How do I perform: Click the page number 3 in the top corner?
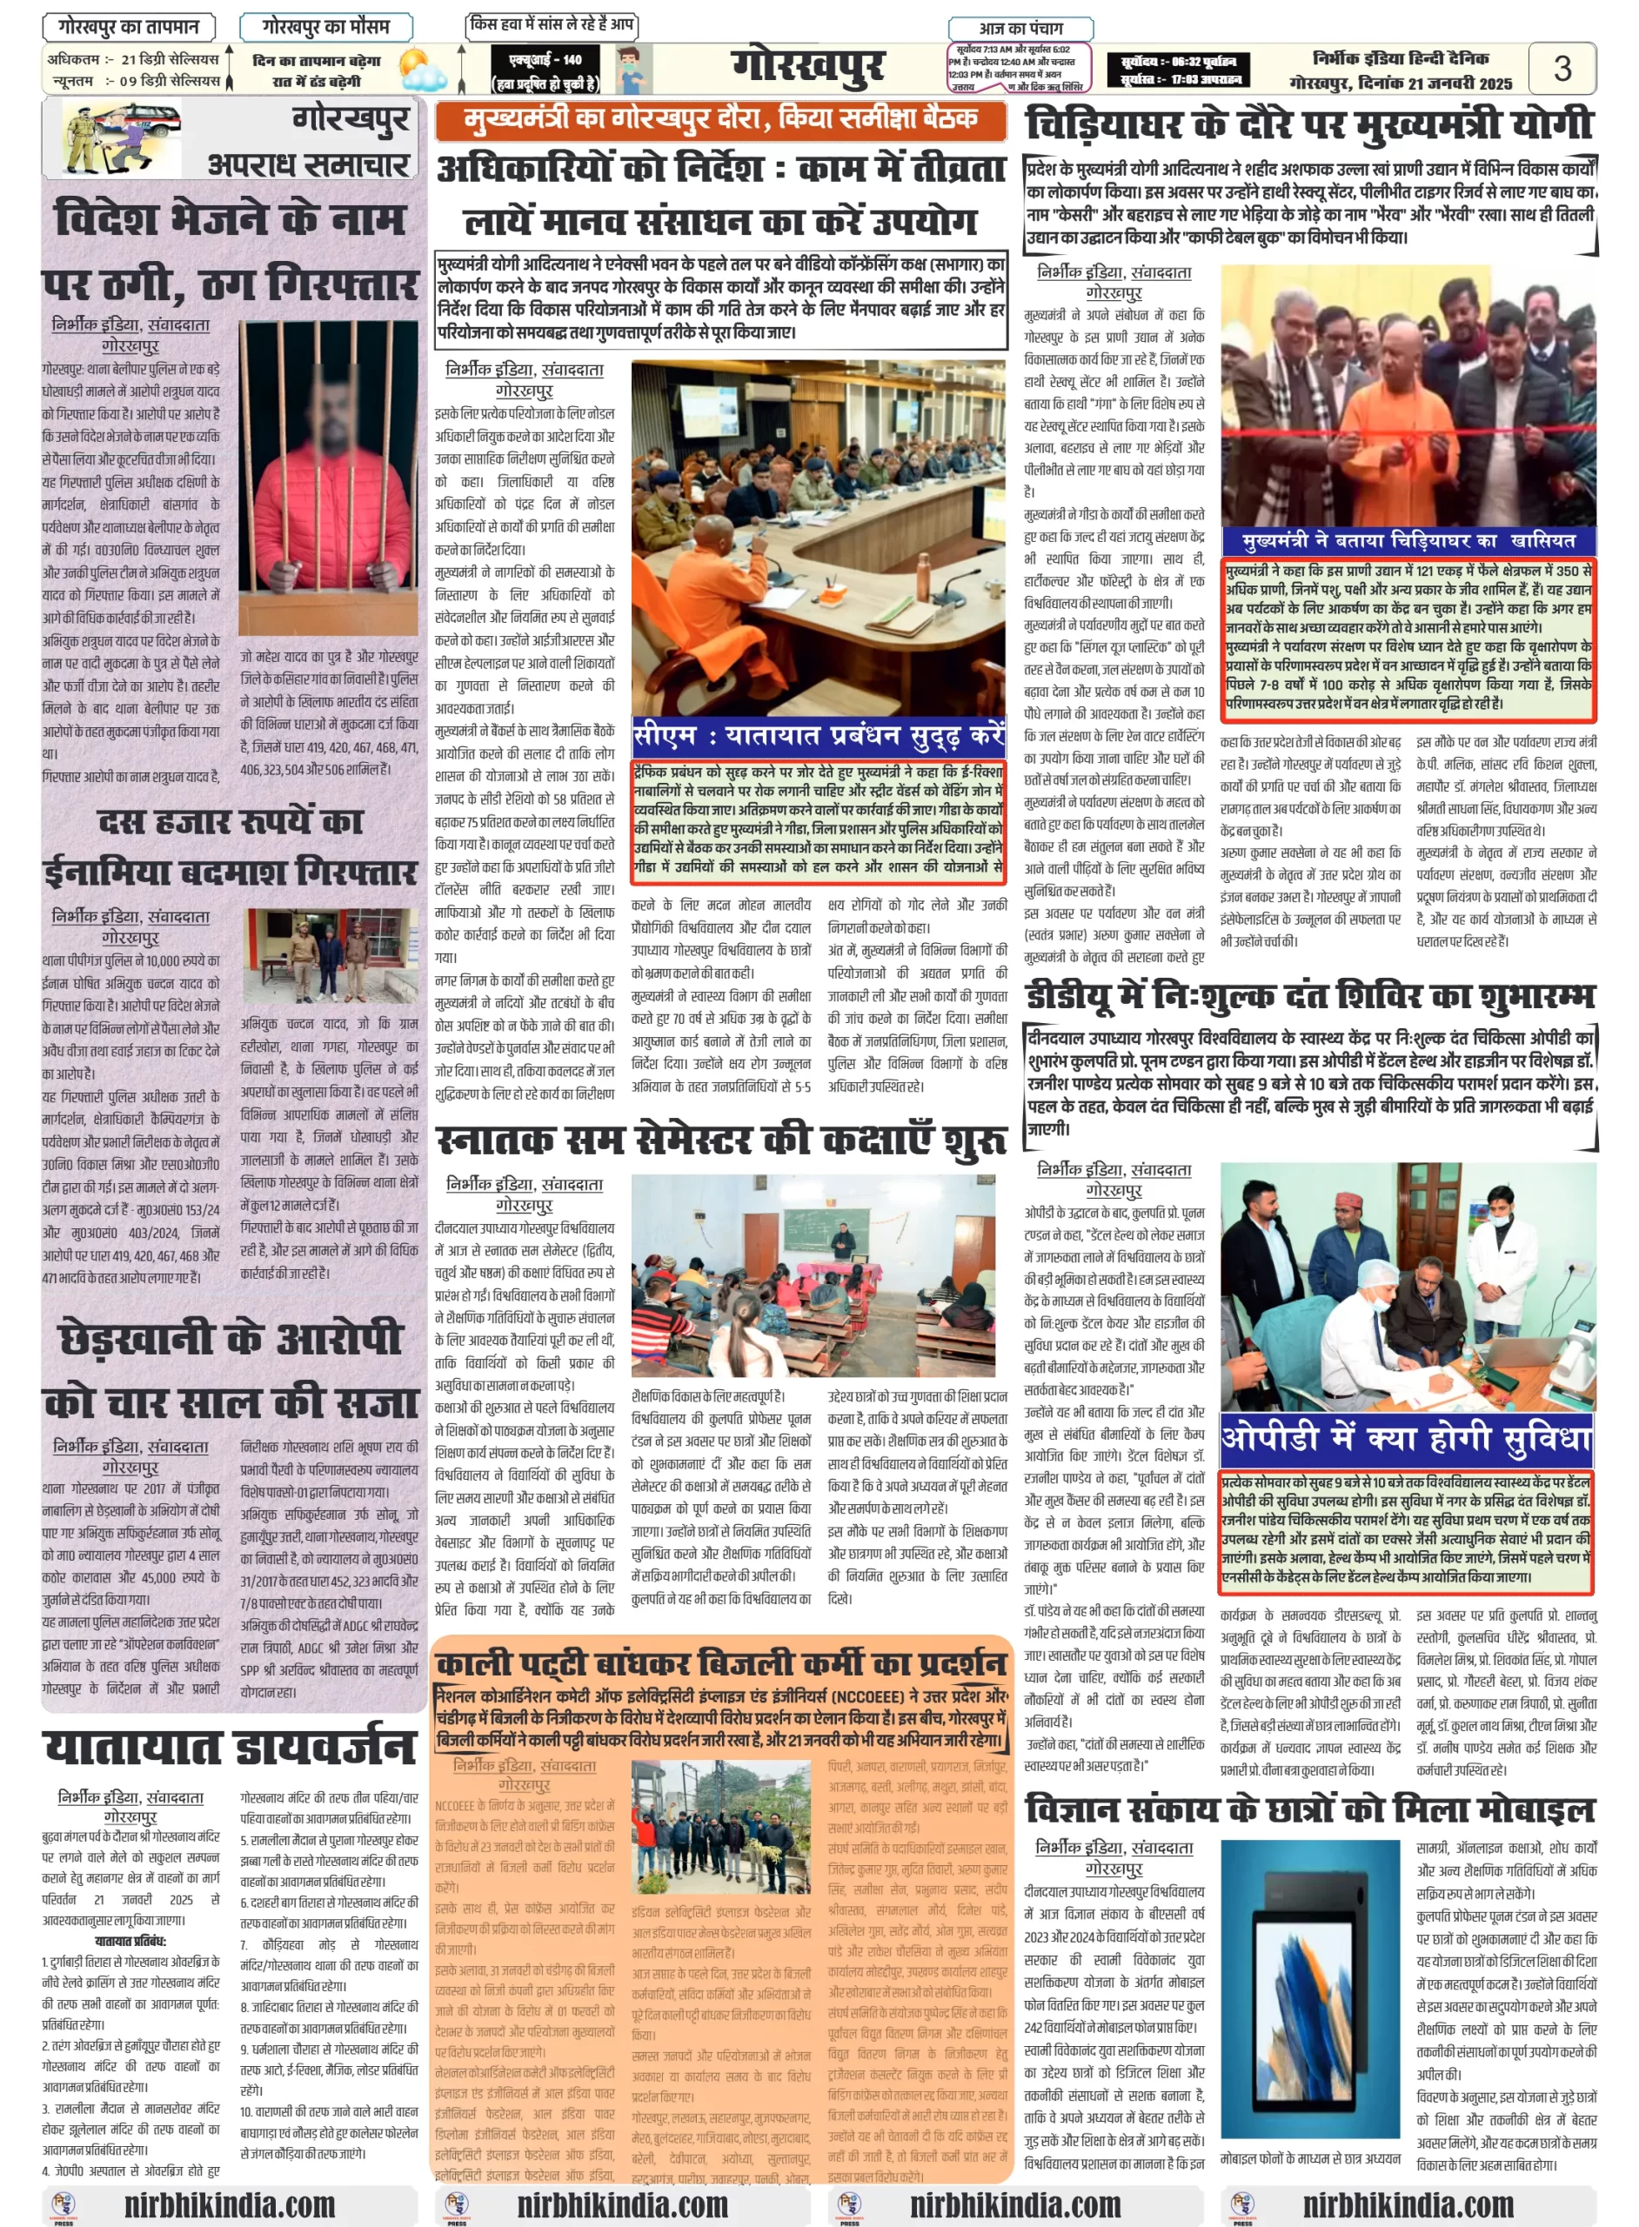pos(1562,69)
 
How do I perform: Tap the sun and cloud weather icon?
pos(424,70)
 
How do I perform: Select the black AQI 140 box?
pos(545,70)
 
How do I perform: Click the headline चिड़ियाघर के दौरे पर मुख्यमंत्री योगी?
pos(1308,125)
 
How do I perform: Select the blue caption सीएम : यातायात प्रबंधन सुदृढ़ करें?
pos(819,735)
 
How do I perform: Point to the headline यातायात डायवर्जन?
pos(229,1747)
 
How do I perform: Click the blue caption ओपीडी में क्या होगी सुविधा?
pos(1407,1437)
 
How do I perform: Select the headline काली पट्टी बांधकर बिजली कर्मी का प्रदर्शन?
pos(720,1662)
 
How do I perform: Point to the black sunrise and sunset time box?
pos(1177,70)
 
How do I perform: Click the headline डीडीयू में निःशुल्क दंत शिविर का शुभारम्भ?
pos(1309,995)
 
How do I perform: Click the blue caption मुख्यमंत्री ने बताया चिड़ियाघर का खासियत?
pos(1408,540)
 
